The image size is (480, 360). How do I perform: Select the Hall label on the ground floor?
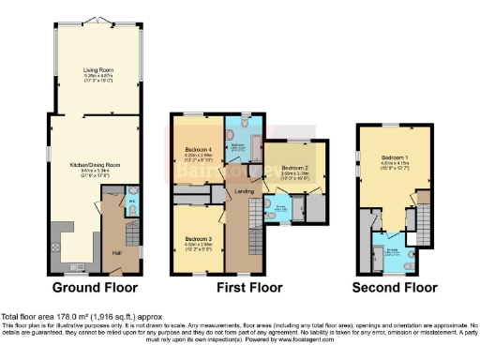(116, 252)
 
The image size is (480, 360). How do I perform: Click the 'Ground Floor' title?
(95, 288)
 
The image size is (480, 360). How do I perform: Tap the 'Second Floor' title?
(395, 288)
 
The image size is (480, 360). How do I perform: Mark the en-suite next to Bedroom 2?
(281, 208)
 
